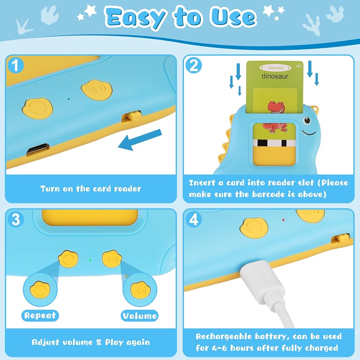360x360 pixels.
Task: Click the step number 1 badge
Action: click(15, 65)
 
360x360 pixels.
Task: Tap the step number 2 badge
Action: click(194, 65)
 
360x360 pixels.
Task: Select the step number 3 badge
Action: click(15, 219)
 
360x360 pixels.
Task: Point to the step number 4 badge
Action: click(194, 219)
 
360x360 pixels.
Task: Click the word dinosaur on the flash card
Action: click(275, 76)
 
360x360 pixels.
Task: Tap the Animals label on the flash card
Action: click(276, 68)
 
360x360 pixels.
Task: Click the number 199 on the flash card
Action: click(298, 66)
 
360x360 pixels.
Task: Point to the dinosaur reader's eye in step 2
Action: click(307, 120)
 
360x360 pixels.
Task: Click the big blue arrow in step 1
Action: click(140, 140)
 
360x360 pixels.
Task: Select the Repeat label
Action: click(40, 315)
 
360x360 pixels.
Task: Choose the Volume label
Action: click(140, 316)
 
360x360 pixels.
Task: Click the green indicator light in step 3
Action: click(90, 260)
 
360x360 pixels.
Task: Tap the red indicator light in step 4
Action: click(283, 220)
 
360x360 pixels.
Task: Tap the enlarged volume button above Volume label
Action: click(140, 290)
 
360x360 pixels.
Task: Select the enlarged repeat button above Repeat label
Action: click(40, 290)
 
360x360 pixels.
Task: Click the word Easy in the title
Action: click(135, 18)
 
